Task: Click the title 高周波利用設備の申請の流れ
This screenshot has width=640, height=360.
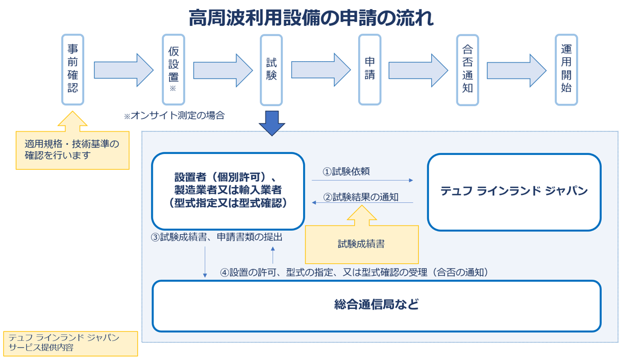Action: pos(311,18)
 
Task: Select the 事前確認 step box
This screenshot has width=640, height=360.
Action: pos(72,70)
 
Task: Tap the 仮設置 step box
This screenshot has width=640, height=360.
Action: pos(173,70)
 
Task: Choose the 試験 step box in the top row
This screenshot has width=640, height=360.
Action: pos(271,70)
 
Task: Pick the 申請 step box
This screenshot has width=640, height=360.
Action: pos(370,70)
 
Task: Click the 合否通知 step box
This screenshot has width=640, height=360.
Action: pos(467,70)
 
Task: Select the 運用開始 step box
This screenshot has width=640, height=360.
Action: pos(566,70)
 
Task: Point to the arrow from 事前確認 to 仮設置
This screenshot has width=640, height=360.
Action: pos(124,70)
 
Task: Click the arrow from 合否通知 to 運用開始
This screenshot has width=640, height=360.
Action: pos(516,70)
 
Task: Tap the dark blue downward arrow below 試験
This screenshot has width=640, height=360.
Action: pos(272,123)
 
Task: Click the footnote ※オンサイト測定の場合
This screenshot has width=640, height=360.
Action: pos(174,116)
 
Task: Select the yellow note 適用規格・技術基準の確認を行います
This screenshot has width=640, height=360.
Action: pos(72,150)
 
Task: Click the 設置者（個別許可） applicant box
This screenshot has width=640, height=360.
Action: pos(228,191)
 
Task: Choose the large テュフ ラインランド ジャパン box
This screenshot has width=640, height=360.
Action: pos(514,192)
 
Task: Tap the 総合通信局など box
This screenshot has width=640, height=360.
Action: pos(376,306)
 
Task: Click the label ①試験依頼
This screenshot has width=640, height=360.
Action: pos(346,171)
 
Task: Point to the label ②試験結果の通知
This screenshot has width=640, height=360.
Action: pos(361,197)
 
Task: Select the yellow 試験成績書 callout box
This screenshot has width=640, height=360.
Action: pos(362,244)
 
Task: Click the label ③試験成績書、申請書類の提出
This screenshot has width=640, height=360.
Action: pos(217,237)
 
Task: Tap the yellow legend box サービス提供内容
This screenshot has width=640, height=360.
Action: pos(70,343)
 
